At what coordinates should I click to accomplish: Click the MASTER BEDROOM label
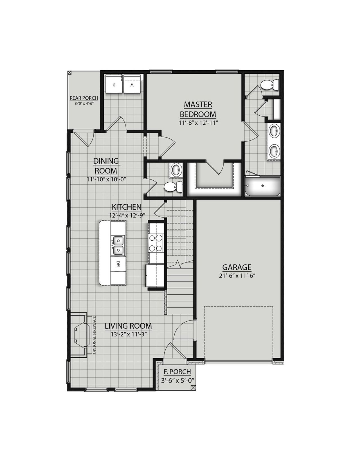pos(198,109)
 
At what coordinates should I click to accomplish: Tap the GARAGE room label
pos(237,267)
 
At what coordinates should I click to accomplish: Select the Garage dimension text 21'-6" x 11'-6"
pos(237,276)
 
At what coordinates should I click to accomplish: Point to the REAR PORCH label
pos(84,98)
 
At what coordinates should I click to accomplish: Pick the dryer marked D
pos(114,84)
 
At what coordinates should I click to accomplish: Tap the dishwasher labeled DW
pos(118,264)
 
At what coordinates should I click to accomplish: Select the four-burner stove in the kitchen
pos(156,243)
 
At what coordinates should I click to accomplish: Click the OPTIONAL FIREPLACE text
pos(94,335)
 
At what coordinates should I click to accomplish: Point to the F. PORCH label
pos(177,372)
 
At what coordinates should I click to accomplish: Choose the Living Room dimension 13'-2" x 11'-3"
pos(128,335)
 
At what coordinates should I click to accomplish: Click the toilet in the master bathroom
pos(269,85)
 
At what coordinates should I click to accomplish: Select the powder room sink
pos(176,170)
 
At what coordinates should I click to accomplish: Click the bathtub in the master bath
pos(263,186)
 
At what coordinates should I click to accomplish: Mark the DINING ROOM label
pos(106,166)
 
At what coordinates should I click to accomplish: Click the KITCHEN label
pos(127,207)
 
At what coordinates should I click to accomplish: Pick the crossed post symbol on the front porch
pos(193,388)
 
